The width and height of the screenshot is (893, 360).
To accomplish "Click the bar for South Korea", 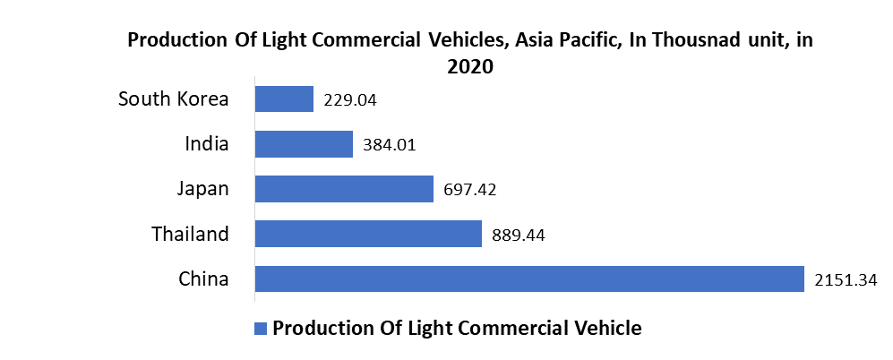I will click(284, 99).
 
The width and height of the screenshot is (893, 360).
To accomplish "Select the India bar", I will click(305, 144).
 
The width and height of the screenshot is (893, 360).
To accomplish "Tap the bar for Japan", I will click(344, 189).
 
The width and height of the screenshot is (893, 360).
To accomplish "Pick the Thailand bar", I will click(368, 234).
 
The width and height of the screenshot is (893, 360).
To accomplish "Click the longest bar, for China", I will click(529, 279).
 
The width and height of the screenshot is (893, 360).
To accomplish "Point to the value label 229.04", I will click(350, 100).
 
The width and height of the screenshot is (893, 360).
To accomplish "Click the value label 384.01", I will click(391, 145).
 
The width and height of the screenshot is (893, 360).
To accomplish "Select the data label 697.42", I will click(470, 190).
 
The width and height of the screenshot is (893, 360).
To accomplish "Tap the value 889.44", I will click(519, 236).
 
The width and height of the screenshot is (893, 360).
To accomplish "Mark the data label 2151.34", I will click(846, 280).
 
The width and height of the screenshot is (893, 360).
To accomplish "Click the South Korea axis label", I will click(174, 99).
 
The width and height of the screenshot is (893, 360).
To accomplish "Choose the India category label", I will click(207, 143).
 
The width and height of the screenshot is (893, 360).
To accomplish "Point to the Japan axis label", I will click(202, 188).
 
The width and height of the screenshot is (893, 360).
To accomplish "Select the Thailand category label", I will click(189, 234).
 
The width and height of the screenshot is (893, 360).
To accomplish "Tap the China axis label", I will click(203, 279).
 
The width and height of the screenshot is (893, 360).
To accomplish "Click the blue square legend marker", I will click(261, 328).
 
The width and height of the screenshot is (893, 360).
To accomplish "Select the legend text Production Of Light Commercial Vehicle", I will click(457, 328).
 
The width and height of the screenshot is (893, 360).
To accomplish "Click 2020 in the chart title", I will click(470, 66).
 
